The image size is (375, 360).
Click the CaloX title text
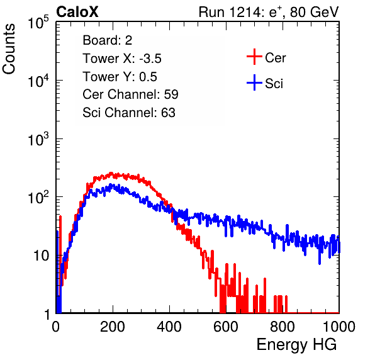tap(77, 12)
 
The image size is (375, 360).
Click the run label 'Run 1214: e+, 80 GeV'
tap(269, 12)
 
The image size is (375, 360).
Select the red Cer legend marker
tap(254, 57)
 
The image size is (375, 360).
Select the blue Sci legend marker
tap(254, 82)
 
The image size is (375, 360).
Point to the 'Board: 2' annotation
tap(108, 40)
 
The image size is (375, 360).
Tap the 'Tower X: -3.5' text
tap(122, 59)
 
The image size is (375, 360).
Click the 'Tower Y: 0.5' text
tap(120, 77)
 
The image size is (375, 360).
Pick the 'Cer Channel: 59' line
tap(130, 94)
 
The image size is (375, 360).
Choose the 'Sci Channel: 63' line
tap(129, 113)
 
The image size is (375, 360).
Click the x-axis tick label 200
tap(113, 327)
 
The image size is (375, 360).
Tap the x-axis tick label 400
tap(169, 327)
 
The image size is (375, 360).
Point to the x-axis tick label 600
tap(226, 327)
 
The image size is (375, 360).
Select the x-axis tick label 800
tap(283, 327)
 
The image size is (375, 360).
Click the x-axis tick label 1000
tap(339, 327)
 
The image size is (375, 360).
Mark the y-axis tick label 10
tap(42, 256)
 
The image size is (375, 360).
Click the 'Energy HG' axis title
tap(296, 344)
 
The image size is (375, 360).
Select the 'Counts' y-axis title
tap(9, 49)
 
